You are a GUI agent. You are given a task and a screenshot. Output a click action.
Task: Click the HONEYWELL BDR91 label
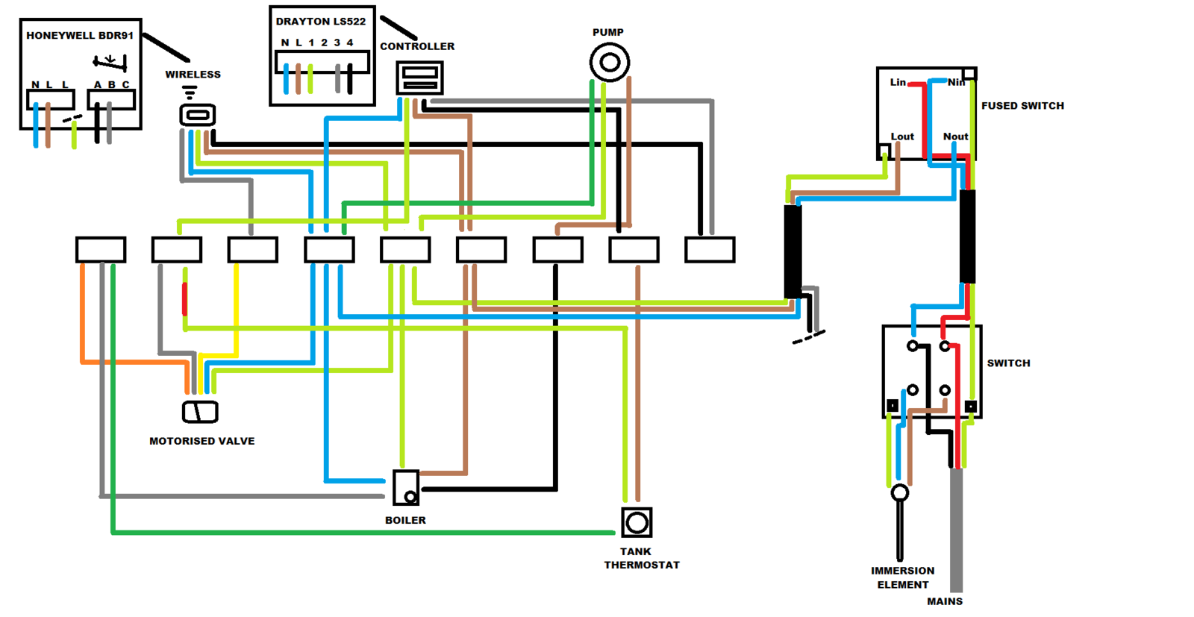coord(80,35)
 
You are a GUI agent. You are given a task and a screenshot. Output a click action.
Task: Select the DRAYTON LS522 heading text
coord(321,22)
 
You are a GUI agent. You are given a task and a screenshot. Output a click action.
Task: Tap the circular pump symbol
coord(610,62)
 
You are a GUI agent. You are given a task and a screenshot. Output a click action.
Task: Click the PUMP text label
coord(608,32)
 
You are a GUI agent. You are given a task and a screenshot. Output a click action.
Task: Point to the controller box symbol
coord(419,78)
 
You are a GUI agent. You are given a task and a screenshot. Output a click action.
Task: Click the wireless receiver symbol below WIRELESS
coord(198,114)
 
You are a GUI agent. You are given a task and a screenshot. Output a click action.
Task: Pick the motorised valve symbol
coord(200,412)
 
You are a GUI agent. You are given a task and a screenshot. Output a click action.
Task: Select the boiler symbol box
coord(406,488)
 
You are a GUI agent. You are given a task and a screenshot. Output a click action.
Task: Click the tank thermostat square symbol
coord(637,523)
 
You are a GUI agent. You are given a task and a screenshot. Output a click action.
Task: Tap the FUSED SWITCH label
coord(1022,106)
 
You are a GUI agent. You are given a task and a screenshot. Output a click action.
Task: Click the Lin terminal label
coord(898,82)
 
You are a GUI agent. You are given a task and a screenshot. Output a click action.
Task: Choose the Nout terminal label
coord(955,137)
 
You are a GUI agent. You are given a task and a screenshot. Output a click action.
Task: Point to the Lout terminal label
coord(902,137)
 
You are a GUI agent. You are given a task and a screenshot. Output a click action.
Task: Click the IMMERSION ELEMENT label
coord(903,577)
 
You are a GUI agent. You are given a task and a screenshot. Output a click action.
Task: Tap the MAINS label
coord(945,601)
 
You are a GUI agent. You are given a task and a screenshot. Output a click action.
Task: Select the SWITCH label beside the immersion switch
coord(1008,363)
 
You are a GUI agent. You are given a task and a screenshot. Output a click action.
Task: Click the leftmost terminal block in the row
coord(101,250)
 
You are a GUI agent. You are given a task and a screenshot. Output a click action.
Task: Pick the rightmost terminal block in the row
coord(710,250)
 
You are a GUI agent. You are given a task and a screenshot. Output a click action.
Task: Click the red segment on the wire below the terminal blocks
coord(185,298)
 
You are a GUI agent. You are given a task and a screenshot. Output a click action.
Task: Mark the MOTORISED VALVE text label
coord(201,441)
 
